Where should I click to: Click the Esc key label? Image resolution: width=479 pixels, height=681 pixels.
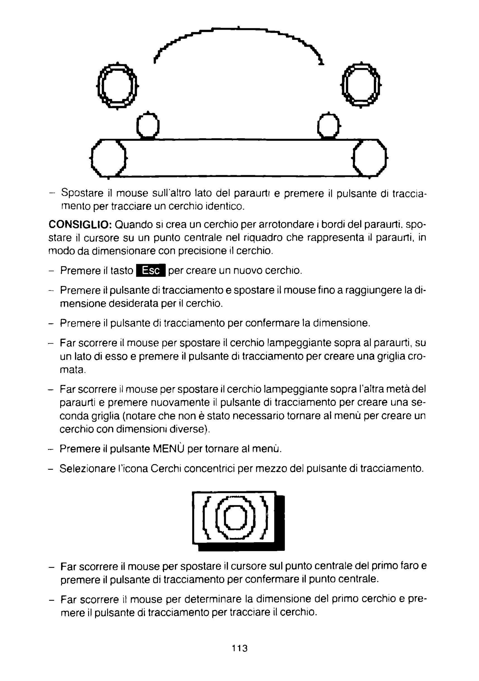pyautogui.click(x=150, y=270)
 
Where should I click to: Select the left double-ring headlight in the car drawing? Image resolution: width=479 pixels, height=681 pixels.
pyautogui.click(x=117, y=86)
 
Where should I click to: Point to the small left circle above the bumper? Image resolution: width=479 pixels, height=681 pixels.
pyautogui.click(x=148, y=125)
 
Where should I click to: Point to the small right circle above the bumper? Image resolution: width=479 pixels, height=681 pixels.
pyautogui.click(x=328, y=125)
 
